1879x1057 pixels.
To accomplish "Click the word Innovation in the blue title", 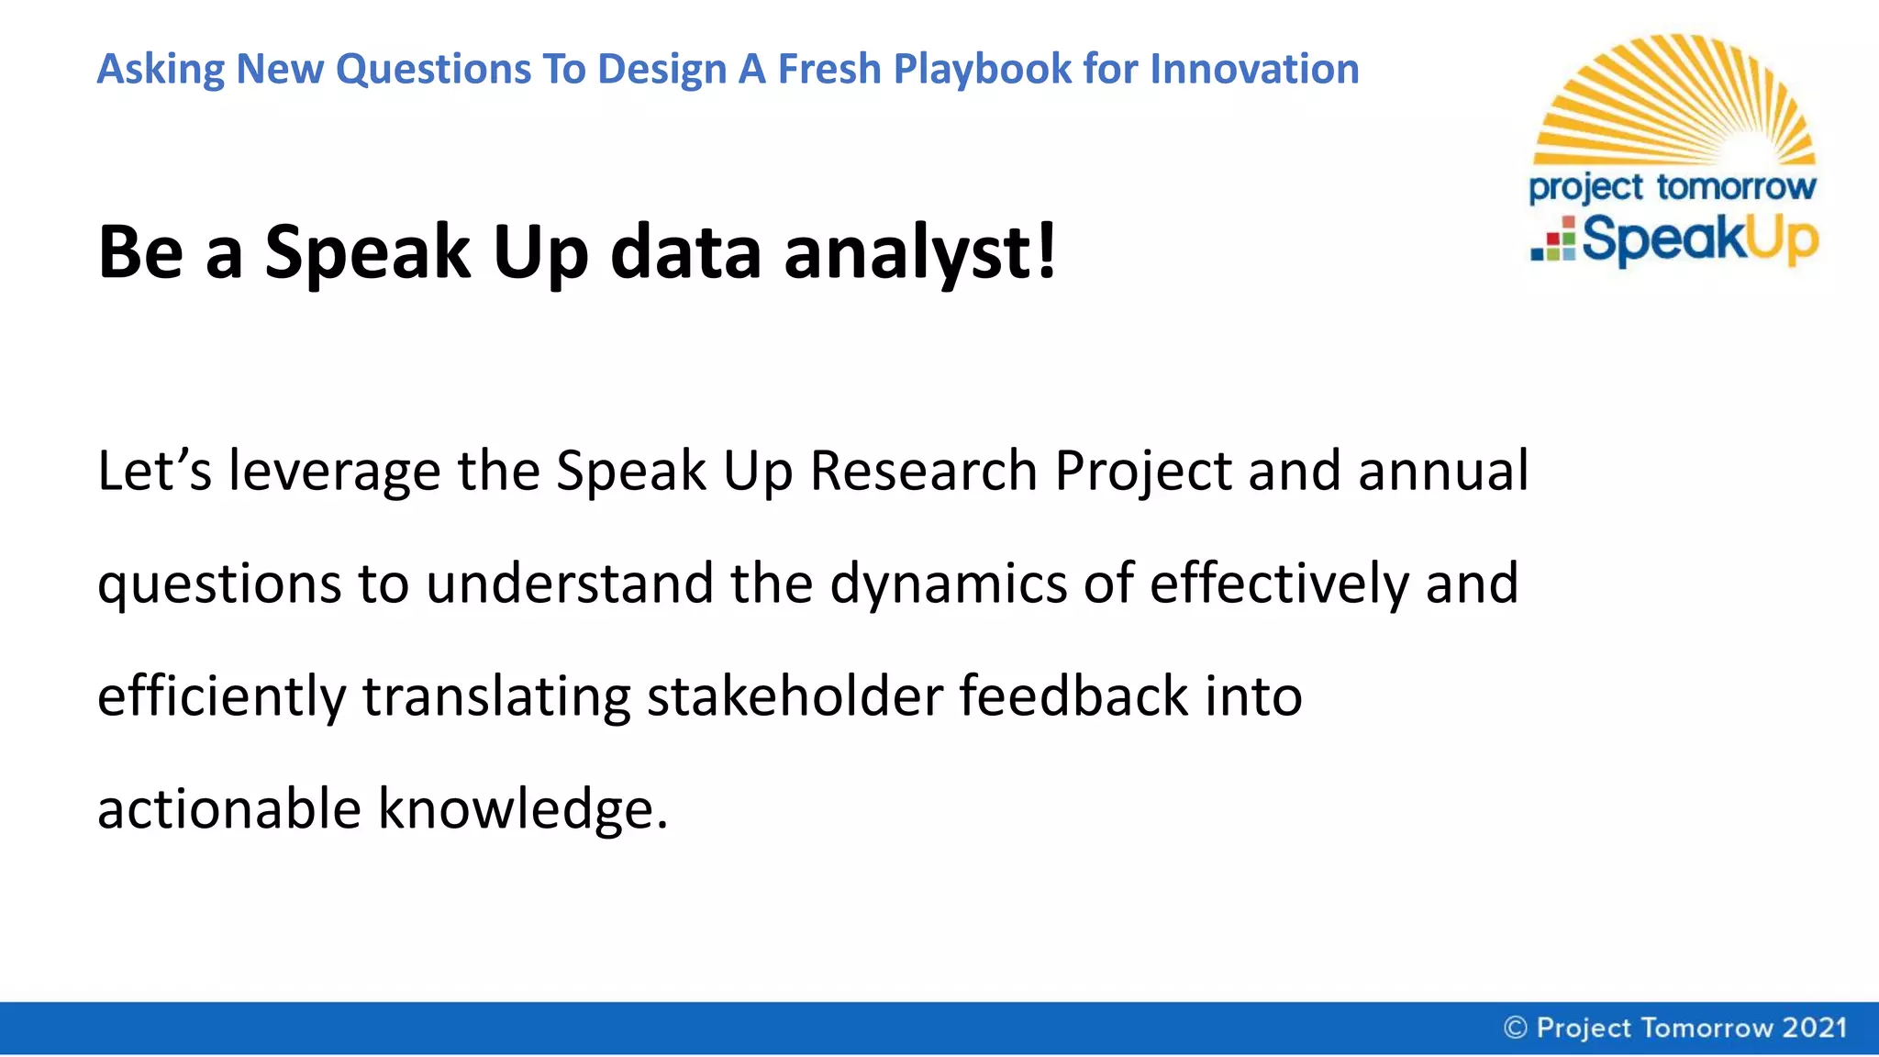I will click(1254, 69).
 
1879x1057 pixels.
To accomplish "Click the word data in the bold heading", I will click(685, 252).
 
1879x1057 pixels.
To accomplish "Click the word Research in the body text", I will click(923, 471).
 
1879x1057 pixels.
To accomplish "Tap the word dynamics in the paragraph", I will click(948, 584).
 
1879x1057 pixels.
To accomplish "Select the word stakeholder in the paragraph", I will click(795, 695).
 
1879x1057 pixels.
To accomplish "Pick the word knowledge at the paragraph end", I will click(522, 809).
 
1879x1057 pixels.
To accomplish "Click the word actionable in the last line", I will click(228, 809).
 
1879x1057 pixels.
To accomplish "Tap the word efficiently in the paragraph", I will click(221, 696).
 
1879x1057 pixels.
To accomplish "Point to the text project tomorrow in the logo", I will click(1672, 187).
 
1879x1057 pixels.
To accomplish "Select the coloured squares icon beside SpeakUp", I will click(1553, 240).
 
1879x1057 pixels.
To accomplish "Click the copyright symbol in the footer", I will click(1516, 1028).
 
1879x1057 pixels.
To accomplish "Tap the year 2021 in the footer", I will click(1814, 1028).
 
